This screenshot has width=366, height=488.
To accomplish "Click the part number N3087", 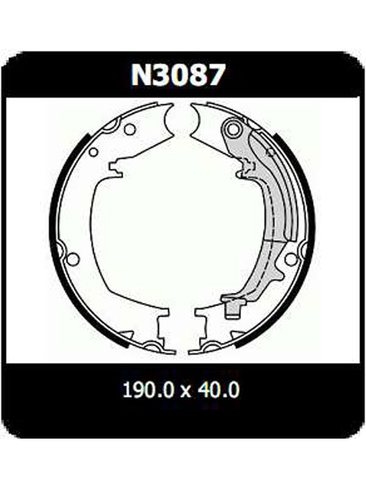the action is [x=178, y=75].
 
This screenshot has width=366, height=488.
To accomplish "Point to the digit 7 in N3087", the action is [x=214, y=75].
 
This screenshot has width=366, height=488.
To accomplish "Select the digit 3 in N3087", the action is [x=163, y=75].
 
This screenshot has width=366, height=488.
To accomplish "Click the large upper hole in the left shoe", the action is [x=129, y=129].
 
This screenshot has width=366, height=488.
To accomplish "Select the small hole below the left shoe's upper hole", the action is [x=93, y=152].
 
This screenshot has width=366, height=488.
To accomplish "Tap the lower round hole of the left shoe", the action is [x=73, y=258].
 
